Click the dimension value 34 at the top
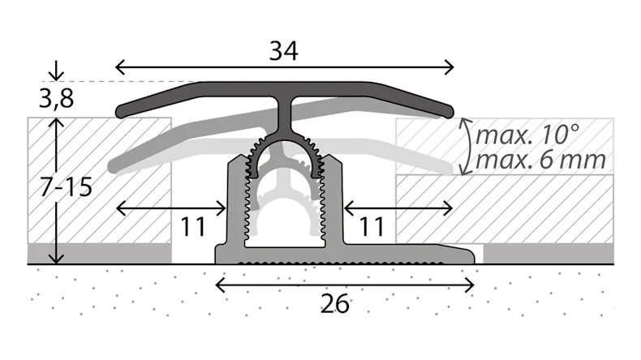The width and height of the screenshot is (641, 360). click(285, 52)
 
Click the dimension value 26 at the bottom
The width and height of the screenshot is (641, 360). click(334, 304)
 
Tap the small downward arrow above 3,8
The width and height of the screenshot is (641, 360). click(55, 72)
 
